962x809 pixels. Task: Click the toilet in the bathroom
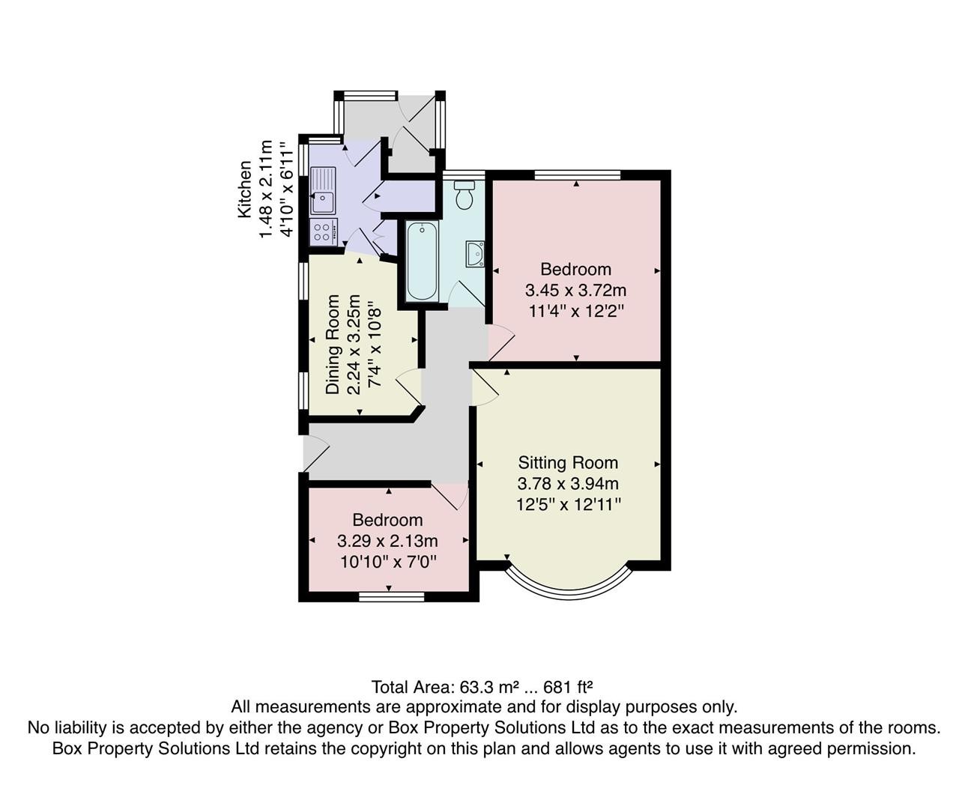pos(464,195)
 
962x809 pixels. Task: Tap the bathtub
pos(422,261)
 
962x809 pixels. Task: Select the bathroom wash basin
pos(475,254)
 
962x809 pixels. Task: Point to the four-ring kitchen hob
pos(324,231)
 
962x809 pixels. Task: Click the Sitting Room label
pos(568,463)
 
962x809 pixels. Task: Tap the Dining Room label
pos(332,344)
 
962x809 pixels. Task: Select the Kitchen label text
pos(245,189)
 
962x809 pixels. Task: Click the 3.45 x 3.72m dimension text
pos(576,291)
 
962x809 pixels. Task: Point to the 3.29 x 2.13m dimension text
pos(387,540)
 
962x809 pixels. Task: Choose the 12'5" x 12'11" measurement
pos(569,505)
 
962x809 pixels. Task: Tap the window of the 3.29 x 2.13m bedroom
pos(391,597)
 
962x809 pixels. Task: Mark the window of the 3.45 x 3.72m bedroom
pos(578,175)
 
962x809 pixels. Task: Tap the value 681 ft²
pos(568,688)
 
